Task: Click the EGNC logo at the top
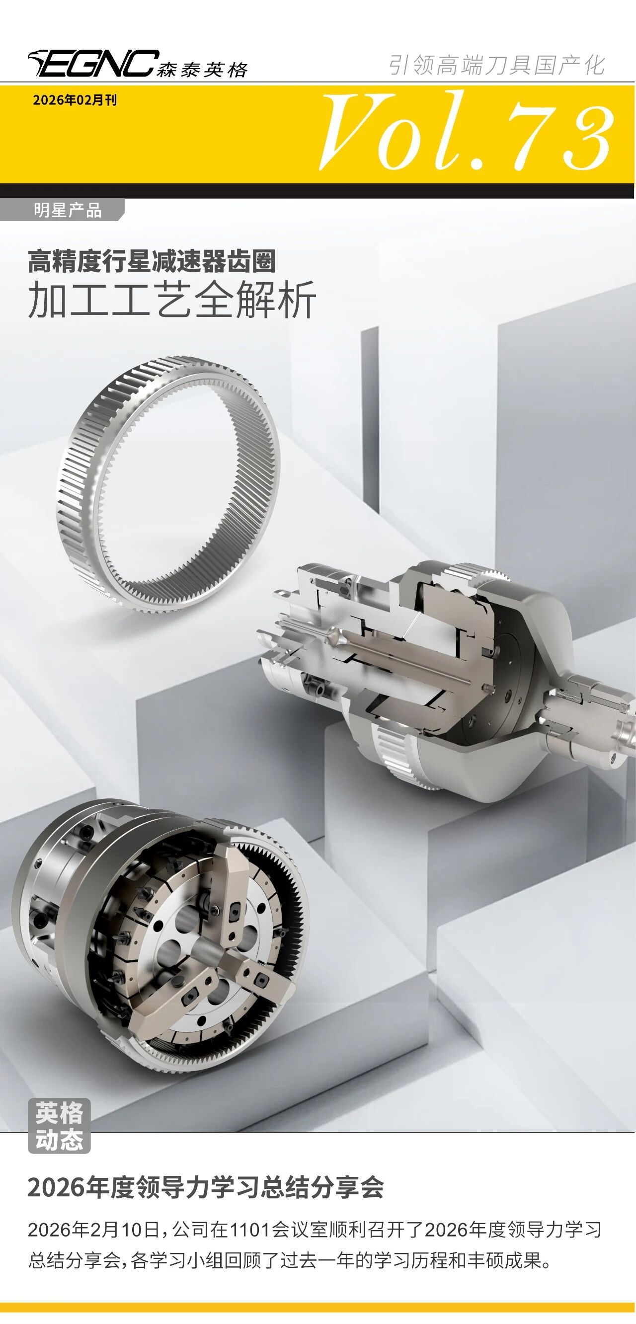93,63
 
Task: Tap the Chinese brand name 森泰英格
202,70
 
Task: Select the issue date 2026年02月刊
75,100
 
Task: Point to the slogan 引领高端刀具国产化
497,65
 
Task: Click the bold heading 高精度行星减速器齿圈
152,261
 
